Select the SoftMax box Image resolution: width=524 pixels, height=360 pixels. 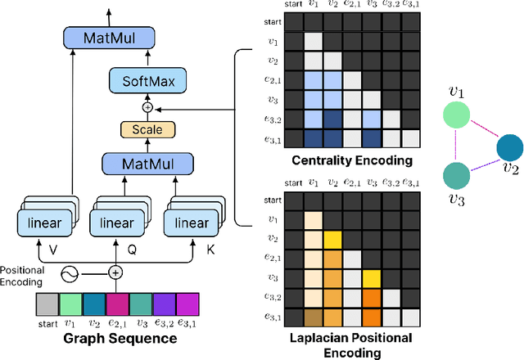(x=147, y=80)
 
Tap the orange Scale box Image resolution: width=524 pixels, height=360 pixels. (x=147, y=129)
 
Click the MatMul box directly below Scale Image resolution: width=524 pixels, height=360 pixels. (x=147, y=164)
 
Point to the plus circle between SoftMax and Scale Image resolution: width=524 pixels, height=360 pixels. (x=147, y=107)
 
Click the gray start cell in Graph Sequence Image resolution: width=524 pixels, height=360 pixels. (x=48, y=305)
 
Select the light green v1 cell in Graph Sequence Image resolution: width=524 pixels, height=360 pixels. (x=70, y=305)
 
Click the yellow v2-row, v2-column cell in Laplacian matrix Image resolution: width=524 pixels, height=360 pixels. (x=332, y=239)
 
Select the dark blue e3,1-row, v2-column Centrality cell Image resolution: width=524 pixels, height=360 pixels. (x=332, y=137)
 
